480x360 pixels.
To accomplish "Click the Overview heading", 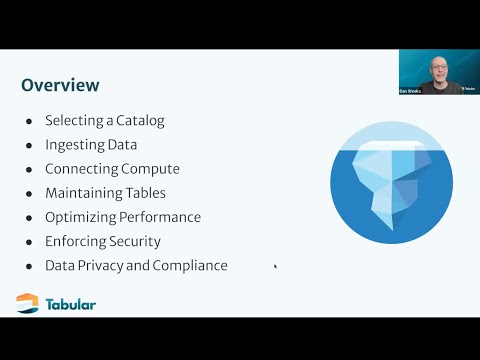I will [60, 85].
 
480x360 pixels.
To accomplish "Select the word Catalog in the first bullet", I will [139, 121].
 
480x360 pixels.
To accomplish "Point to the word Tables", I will [145, 193].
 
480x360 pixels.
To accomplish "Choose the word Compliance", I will [190, 265].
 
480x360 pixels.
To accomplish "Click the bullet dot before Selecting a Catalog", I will [28, 121].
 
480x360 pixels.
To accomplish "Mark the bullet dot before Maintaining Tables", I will [28, 193].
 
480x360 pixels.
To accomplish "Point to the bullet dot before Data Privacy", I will [28, 265].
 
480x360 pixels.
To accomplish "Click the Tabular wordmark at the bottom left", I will [70, 304].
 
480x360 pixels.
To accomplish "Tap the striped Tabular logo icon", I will [28, 303].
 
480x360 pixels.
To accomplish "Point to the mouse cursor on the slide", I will [275, 266].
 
